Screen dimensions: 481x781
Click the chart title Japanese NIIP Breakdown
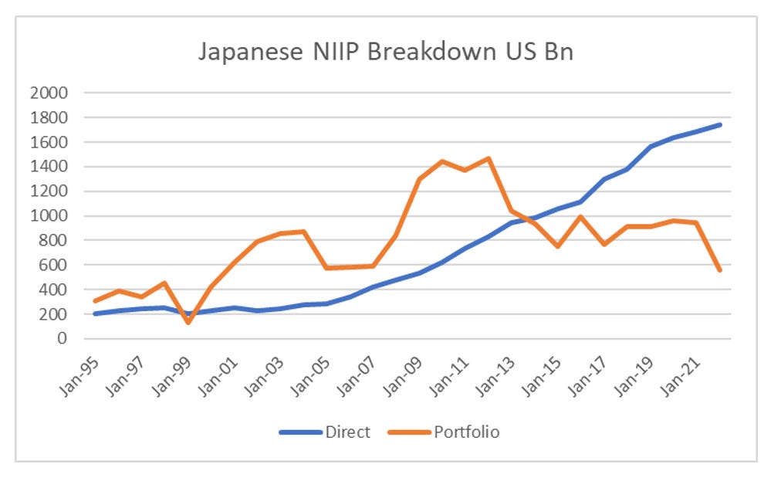pos(386,54)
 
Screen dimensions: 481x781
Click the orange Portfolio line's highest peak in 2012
pos(488,158)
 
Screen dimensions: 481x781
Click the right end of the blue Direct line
pos(721,124)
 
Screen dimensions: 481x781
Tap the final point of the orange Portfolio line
pos(721,269)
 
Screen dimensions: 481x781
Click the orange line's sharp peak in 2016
pos(579,217)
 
